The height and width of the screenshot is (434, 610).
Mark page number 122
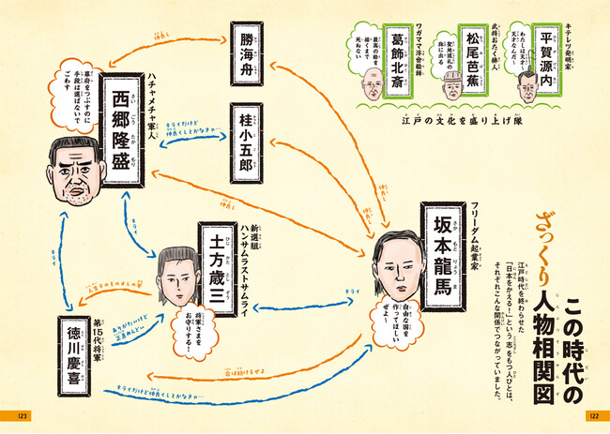coord(592,415)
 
